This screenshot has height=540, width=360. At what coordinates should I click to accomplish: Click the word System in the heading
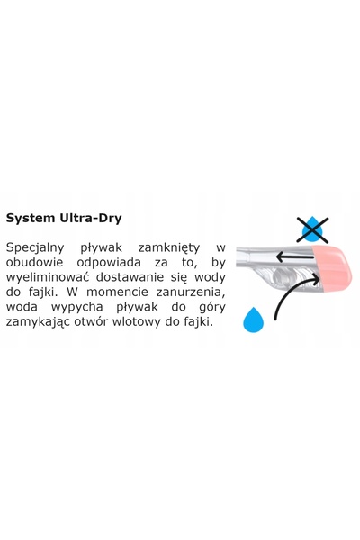pyautogui.click(x=31, y=219)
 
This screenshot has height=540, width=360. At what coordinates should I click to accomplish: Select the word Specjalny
pyautogui.click(x=35, y=248)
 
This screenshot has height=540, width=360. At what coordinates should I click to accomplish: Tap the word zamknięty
pyautogui.click(x=169, y=248)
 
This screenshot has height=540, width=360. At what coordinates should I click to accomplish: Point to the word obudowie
pyautogui.click(x=34, y=263)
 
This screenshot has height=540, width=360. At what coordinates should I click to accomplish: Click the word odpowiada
pyautogui.click(x=109, y=263)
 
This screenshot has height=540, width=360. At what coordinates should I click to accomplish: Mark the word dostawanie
pyautogui.click(x=130, y=277)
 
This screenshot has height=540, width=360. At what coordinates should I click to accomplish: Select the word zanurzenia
pyautogui.click(x=191, y=292)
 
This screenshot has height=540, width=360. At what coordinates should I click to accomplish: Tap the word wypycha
pyautogui.click(x=76, y=307)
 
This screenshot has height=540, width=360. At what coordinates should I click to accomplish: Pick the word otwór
pyautogui.click(x=86, y=321)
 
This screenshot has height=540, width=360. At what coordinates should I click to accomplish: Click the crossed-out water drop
pyautogui.click(x=312, y=229)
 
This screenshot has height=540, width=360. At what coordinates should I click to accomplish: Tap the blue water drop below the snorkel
pyautogui.click(x=253, y=319)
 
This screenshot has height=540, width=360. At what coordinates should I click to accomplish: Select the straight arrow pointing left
pyautogui.click(x=295, y=256)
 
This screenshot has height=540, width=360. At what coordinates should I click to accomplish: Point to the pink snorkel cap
pyautogui.click(x=331, y=268)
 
